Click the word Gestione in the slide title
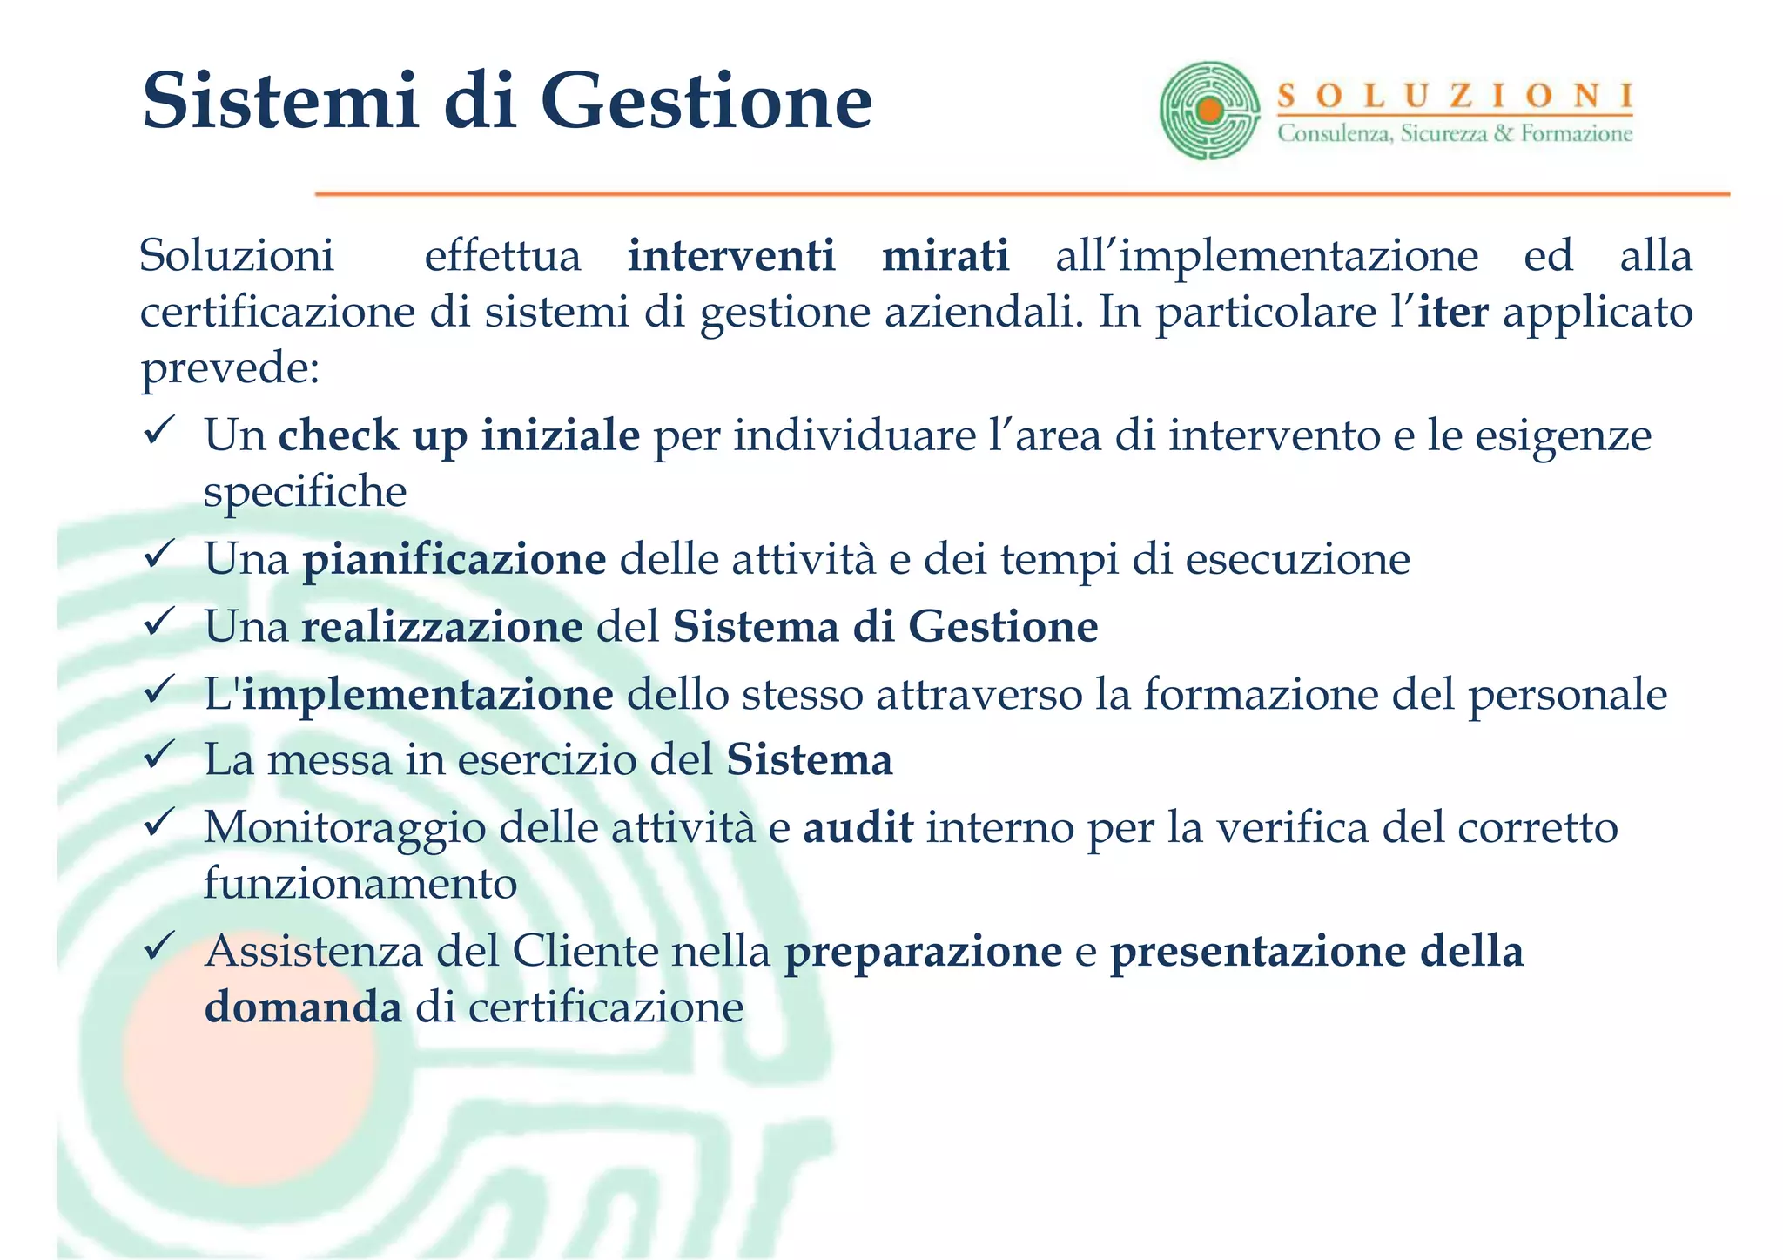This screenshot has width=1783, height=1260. coord(705,102)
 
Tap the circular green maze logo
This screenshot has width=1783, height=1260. coord(1209,111)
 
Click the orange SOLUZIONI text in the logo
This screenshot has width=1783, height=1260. coord(1455,96)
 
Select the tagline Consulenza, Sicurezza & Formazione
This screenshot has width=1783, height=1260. coord(1455,134)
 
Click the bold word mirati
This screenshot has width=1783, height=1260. coord(945,255)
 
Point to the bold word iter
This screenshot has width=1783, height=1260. coord(1452,312)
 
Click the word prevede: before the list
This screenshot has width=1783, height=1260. coord(230,368)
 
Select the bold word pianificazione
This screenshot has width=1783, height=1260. coord(454,559)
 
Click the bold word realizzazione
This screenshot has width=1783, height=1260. coord(441,626)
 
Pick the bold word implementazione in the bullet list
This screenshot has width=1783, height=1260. coord(427,694)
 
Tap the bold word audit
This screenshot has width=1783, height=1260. coord(858,827)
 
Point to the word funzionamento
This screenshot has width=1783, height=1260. coord(360,883)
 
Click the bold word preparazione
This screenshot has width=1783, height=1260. coord(923,951)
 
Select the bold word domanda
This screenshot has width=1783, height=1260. coord(303,1007)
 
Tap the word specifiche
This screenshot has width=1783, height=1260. coord(305,492)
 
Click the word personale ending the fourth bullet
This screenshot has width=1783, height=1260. coord(1567,695)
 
